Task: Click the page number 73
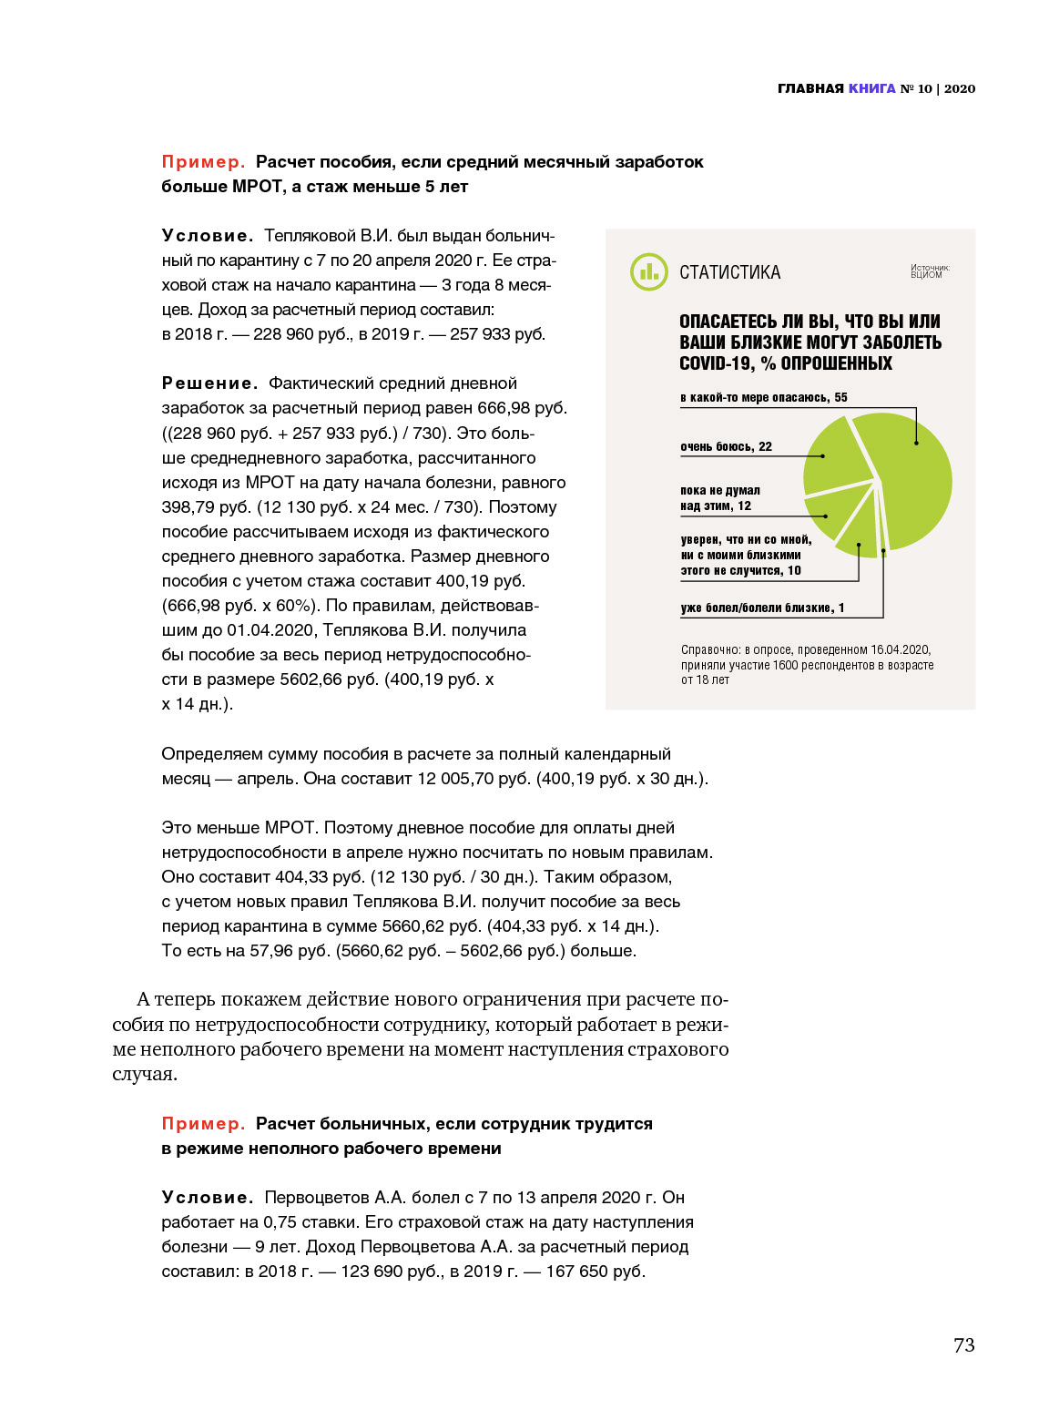point(963,1345)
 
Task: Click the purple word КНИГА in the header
point(871,88)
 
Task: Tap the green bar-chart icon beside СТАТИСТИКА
point(648,271)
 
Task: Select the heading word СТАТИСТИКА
point(729,272)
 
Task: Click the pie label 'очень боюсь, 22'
point(726,446)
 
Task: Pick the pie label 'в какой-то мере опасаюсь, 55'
point(763,397)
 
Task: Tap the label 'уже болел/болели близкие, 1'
point(762,608)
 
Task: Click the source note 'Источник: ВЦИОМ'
point(929,271)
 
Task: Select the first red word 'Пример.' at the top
point(203,162)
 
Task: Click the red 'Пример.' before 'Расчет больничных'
point(203,1124)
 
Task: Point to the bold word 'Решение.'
point(209,383)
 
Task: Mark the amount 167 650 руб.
point(595,1272)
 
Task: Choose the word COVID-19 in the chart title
point(717,363)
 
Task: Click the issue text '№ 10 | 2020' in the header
point(937,88)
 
